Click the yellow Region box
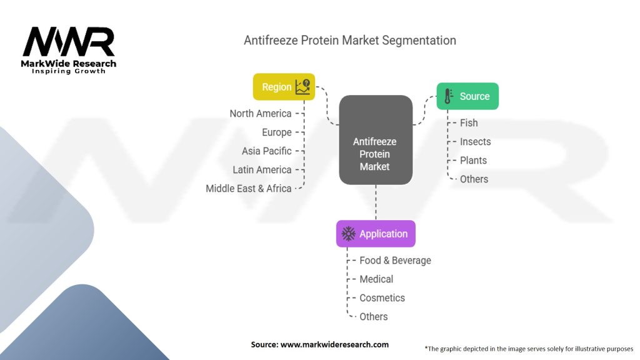[x=284, y=86]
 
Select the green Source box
[x=467, y=96]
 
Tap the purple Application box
[x=376, y=234]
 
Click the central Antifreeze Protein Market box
[x=376, y=140]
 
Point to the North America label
[x=261, y=114]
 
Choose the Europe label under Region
[x=277, y=132]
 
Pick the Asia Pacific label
[x=266, y=151]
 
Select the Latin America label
[x=262, y=170]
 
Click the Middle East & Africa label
[x=249, y=189]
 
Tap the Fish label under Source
[x=469, y=123]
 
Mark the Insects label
[x=475, y=142]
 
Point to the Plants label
[x=473, y=161]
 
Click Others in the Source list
[x=474, y=179]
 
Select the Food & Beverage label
[x=395, y=261]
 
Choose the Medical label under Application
[x=376, y=279]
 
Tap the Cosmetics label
[x=382, y=298]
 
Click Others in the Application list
[x=374, y=317]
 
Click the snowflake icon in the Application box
[x=349, y=234]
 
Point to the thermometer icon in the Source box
[x=448, y=96]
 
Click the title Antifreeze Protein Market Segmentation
[x=350, y=41]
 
